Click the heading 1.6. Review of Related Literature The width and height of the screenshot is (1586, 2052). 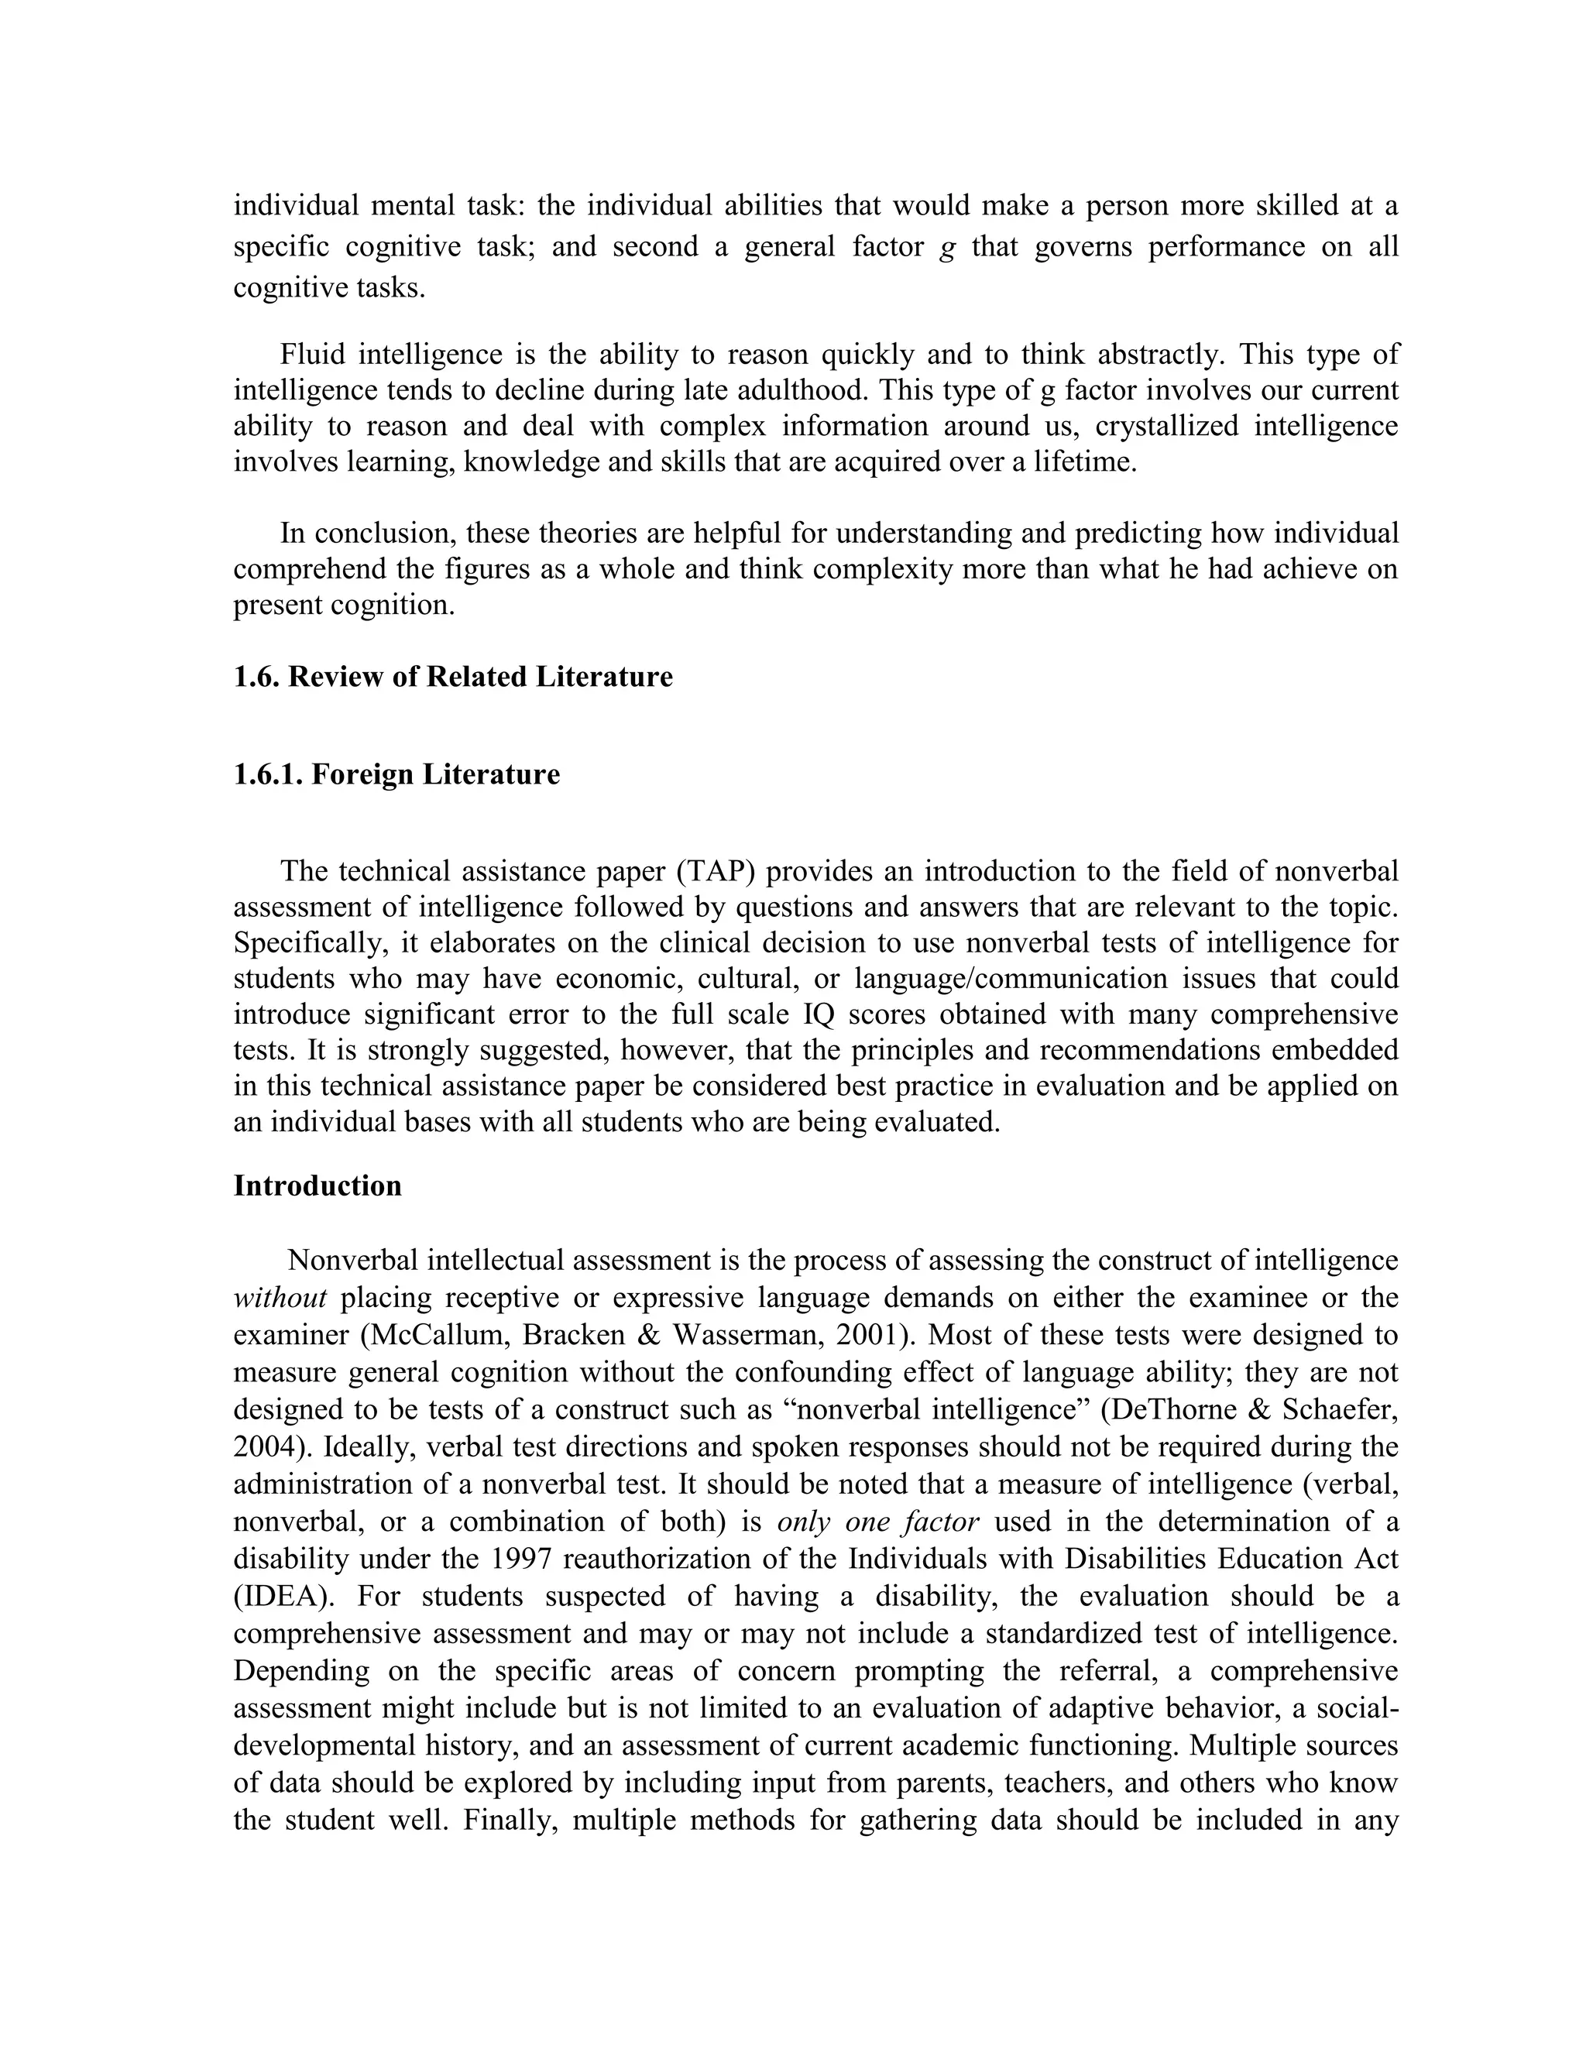click(453, 678)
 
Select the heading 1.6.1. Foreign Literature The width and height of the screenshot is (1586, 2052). click(396, 775)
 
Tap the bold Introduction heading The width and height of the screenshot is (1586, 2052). click(318, 1186)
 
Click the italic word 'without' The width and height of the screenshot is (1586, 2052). click(279, 1299)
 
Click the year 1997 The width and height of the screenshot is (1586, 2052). click(521, 1560)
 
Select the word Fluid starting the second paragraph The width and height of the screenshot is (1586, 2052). click(312, 355)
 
